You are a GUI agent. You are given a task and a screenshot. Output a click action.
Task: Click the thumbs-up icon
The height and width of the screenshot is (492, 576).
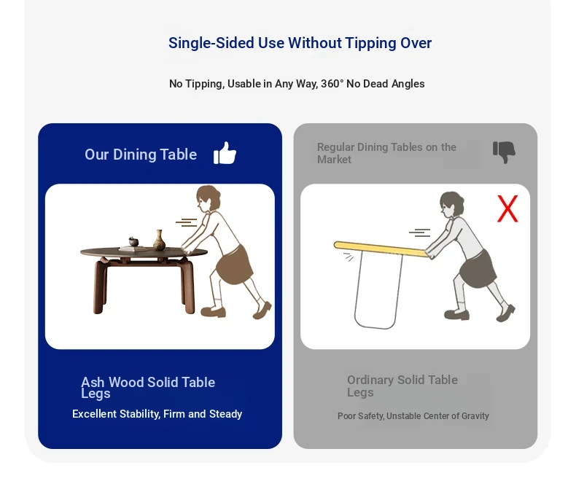[225, 153]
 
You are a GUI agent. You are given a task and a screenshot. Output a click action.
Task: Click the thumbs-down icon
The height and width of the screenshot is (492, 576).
[504, 152]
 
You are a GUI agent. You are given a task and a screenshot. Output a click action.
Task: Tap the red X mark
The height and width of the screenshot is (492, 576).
[507, 208]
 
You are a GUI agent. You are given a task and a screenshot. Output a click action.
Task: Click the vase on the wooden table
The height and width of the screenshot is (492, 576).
[159, 240]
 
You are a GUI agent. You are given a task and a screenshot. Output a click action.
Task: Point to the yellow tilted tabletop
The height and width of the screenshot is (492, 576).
[381, 249]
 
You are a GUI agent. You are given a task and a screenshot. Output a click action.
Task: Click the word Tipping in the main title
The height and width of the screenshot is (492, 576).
[370, 43]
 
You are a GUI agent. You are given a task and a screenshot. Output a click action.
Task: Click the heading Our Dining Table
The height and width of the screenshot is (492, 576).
[141, 155]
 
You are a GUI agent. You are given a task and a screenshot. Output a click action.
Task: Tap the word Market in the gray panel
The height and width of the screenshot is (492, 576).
[334, 160]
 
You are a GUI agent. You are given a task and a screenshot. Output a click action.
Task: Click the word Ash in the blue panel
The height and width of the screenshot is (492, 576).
[93, 382]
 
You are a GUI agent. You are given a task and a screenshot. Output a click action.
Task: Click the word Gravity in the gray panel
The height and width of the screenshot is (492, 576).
[475, 416]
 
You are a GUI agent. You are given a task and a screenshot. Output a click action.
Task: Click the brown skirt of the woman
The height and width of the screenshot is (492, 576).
[233, 265]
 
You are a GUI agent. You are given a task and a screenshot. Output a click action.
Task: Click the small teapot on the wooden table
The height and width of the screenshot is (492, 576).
[133, 241]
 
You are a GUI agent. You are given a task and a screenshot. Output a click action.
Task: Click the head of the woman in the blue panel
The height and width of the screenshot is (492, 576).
[208, 198]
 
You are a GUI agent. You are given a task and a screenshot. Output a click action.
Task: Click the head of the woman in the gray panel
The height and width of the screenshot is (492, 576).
[451, 205]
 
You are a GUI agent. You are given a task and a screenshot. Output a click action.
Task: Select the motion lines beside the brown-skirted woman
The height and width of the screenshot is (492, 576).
[187, 222]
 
